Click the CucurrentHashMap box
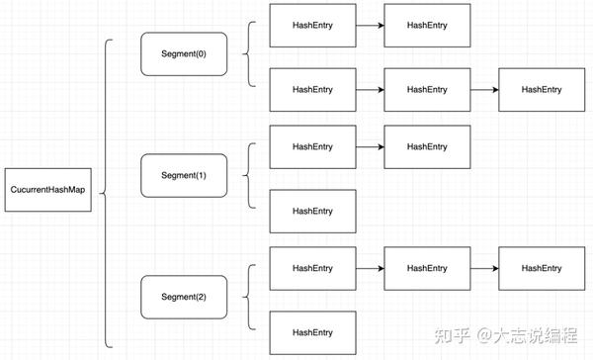coord(47,190)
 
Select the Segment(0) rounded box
coord(185,54)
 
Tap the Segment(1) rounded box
coord(185,174)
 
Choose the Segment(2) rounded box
coord(185,297)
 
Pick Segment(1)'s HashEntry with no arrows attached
coord(312,211)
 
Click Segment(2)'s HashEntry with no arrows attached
coord(312,331)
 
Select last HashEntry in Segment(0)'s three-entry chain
coord(542,90)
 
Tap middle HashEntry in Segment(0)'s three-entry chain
coord(427,90)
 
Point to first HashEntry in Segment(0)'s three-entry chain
coord(312,90)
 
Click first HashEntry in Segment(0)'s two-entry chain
coord(312,24)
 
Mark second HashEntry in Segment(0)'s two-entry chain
coord(427,24)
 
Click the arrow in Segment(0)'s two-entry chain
coord(370,24)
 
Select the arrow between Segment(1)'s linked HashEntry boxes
coord(370,147)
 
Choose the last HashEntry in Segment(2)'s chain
coord(542,268)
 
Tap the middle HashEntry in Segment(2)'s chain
coord(427,268)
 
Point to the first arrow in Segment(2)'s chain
coord(370,268)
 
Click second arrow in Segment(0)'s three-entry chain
coord(484,90)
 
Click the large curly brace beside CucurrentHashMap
coord(107,193)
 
